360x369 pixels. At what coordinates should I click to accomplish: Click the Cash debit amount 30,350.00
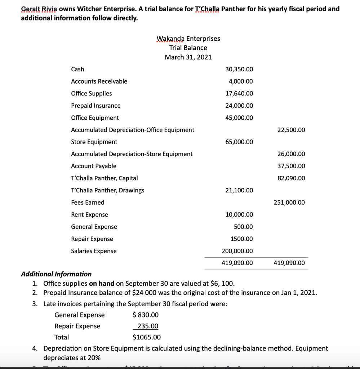(239, 69)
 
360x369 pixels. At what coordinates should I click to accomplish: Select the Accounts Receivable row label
(99, 81)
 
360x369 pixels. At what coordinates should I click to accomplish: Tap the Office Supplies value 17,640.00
(239, 94)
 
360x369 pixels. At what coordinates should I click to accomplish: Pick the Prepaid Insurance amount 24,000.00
(239, 106)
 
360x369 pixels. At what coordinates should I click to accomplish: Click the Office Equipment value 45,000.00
(239, 118)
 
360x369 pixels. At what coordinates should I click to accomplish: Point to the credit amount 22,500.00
(291, 130)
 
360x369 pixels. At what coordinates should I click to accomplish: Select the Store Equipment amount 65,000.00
(239, 142)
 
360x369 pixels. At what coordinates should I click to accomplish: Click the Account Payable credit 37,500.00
(291, 166)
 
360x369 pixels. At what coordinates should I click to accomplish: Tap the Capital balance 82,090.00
(291, 178)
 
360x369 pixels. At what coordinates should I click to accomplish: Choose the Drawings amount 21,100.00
(239, 190)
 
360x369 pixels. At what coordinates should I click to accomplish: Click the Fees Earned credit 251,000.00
(289, 203)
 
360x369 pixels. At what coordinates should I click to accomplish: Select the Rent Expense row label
(89, 215)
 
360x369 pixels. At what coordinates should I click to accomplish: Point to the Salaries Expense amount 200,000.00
(237, 251)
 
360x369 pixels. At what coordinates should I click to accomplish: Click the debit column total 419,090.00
(237, 263)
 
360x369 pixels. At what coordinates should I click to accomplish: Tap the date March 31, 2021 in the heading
(188, 57)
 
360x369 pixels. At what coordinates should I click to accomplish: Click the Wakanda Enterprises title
(188, 39)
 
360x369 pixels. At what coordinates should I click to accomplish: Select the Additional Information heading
(56, 274)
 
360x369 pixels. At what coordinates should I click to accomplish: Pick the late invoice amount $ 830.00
(146, 315)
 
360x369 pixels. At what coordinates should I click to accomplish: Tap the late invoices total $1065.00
(147, 338)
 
